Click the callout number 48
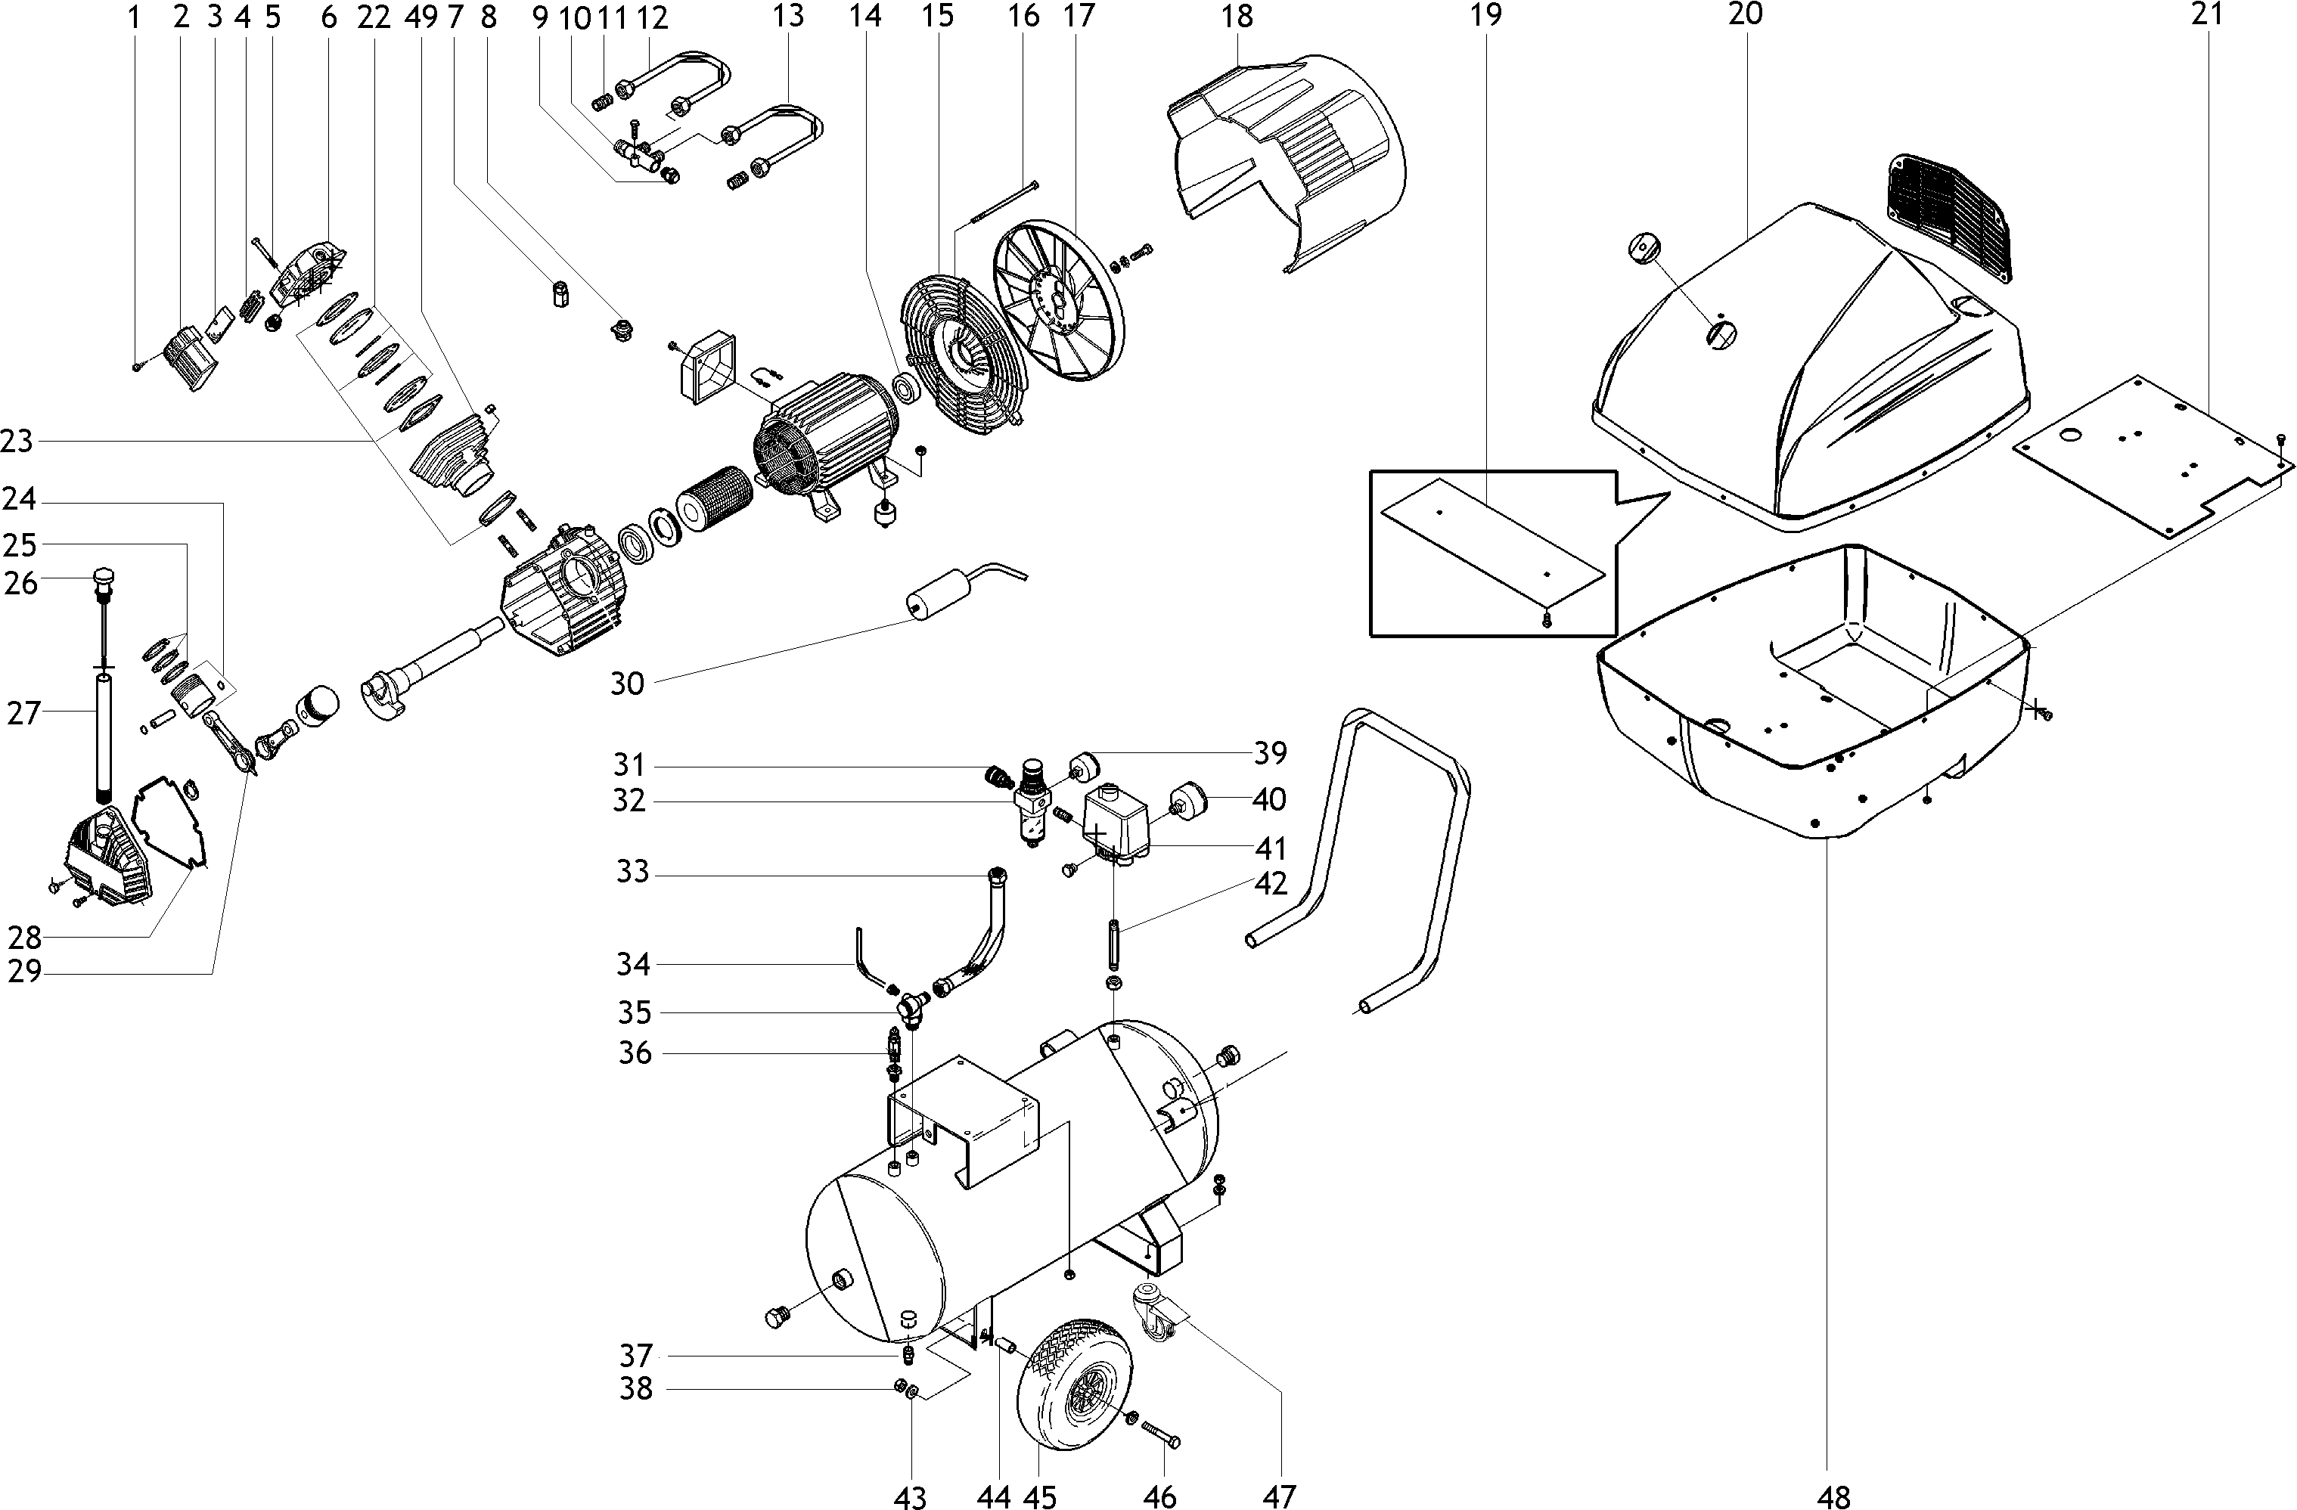(1833, 1496)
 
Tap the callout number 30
(626, 684)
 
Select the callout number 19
(1487, 15)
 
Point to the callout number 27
(24, 714)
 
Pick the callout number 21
(2206, 15)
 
